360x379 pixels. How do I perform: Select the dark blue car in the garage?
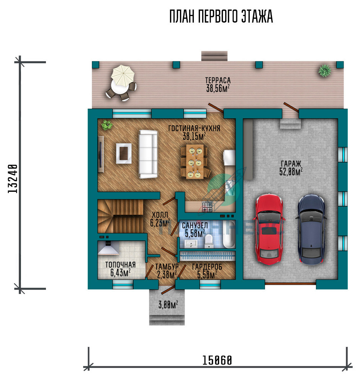(x=311, y=229)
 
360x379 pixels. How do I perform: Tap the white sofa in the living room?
(x=148, y=154)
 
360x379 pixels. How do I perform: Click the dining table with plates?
(x=195, y=162)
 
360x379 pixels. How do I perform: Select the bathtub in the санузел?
(x=229, y=234)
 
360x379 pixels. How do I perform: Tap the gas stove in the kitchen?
(x=207, y=207)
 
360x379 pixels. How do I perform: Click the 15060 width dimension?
(x=217, y=360)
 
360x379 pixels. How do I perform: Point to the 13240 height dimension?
(x=13, y=178)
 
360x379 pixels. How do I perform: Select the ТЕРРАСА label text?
(x=218, y=80)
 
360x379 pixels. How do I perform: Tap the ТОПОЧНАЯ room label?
(x=120, y=265)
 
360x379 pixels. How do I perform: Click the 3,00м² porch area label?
(x=168, y=305)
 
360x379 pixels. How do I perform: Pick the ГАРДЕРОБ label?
(x=207, y=267)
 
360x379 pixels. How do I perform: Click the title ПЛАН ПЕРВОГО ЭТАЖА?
(x=221, y=16)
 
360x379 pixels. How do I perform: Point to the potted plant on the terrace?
(x=324, y=70)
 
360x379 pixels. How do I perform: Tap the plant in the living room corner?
(x=106, y=125)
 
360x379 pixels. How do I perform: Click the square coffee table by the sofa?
(x=124, y=154)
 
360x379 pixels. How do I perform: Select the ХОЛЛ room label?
(x=160, y=215)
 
